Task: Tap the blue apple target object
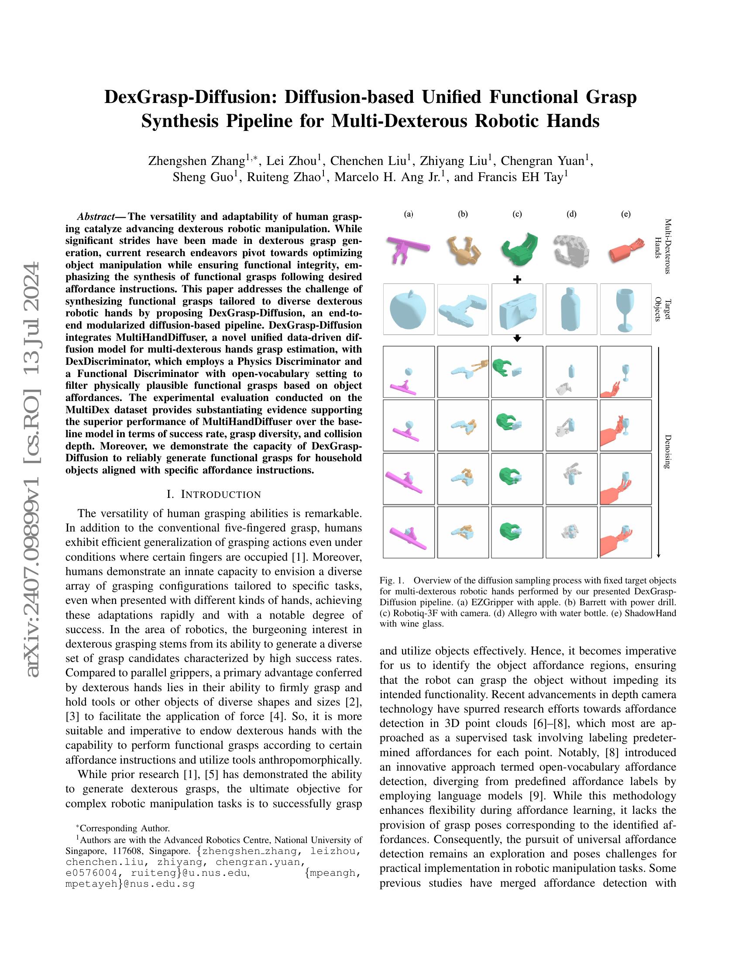(409, 309)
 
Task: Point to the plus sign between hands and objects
(517, 279)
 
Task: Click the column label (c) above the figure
(517, 214)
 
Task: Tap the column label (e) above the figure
(625, 214)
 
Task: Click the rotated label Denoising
(667, 452)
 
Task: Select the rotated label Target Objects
(663, 309)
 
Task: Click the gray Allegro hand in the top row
(570, 249)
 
